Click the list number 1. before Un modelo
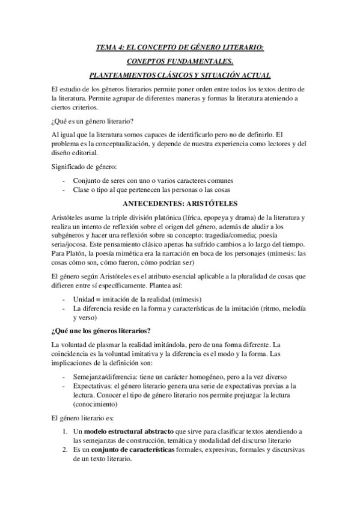pyautogui.click(x=66, y=432)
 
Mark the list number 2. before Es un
pyautogui.click(x=66, y=450)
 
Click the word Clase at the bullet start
pyautogui.click(x=82, y=190)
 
